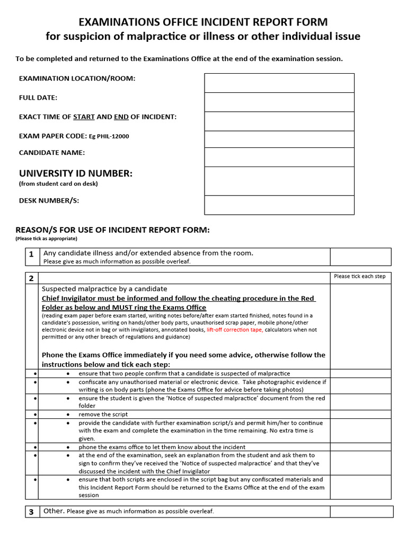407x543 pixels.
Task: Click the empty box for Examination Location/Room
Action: pos(279,83)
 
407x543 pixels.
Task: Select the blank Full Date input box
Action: pos(279,102)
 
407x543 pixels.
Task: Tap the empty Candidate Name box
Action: pos(279,157)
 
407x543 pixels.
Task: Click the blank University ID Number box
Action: pos(279,181)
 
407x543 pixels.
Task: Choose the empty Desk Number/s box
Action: pos(279,205)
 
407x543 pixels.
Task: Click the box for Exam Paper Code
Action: pos(279,139)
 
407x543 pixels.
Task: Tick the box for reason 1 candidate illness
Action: pos(360,257)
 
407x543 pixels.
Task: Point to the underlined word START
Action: pos(84,117)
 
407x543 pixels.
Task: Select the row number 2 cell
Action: pos(31,278)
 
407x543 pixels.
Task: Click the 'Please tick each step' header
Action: pos(360,276)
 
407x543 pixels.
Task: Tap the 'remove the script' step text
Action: pos(103,414)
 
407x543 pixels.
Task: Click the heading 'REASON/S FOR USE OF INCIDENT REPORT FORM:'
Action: pos(112,230)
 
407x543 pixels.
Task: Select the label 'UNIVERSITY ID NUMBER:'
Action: pos(76,173)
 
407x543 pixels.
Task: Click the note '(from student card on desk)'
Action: pos(58,184)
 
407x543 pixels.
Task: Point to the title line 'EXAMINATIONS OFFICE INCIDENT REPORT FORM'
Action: pos(203,22)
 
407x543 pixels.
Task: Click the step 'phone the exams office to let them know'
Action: pos(162,447)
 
